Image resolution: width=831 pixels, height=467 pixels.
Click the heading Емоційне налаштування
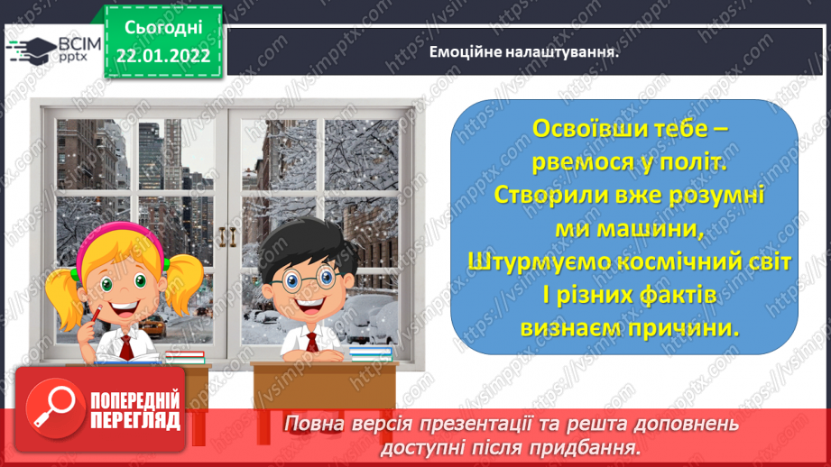522,52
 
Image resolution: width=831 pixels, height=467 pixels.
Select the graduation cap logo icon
33,50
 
